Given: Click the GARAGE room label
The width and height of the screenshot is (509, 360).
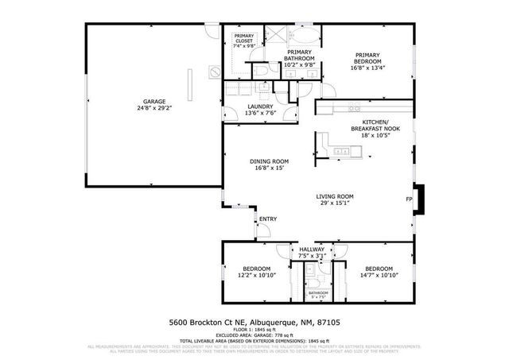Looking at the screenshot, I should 154,101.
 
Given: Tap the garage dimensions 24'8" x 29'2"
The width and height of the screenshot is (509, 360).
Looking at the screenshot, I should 154,108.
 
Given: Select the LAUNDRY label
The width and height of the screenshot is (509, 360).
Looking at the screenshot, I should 260,106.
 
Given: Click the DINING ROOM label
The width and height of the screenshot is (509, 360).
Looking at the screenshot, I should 267,161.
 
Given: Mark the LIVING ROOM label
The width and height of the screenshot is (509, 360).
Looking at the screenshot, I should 335,195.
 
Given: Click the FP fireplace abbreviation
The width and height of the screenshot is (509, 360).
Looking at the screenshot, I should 409,199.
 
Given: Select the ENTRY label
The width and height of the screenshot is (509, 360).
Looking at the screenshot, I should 268,219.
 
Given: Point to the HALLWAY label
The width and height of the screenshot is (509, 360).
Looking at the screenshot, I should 312,250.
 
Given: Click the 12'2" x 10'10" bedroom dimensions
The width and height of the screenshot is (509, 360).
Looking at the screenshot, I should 256,275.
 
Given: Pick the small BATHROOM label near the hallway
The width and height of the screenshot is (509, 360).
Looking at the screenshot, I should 318,292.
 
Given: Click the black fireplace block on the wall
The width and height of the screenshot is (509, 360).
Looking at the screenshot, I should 422,199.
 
